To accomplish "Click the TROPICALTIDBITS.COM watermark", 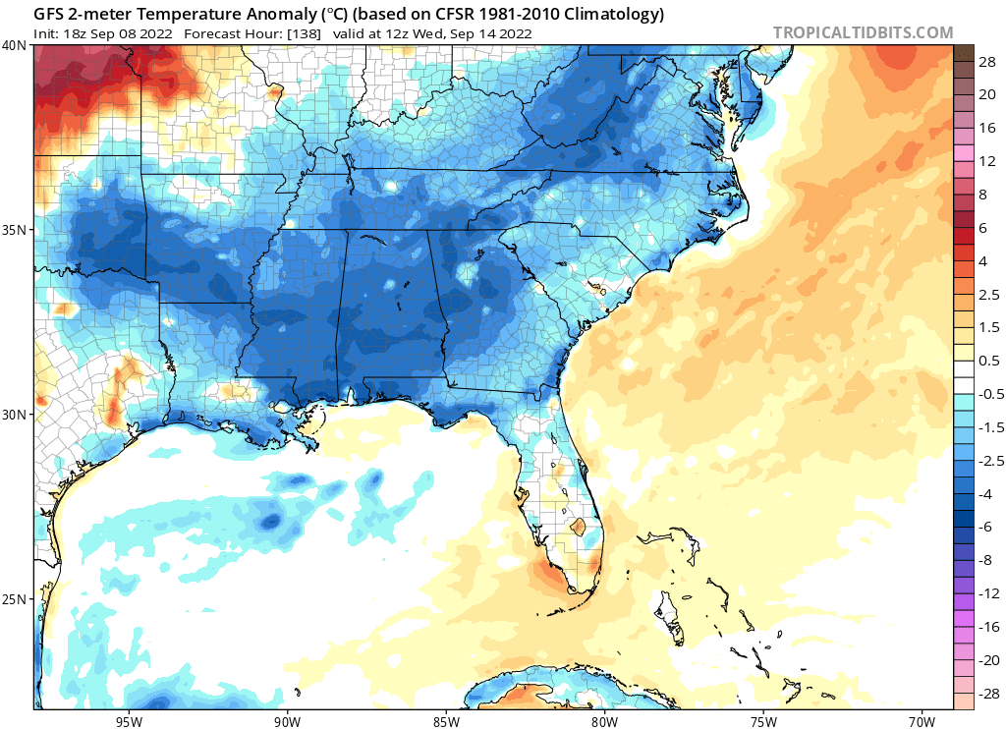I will pos(863,32).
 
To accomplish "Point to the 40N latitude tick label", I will pos(15,45).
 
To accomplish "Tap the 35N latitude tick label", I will pos(15,230).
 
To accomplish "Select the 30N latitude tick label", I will pos(15,415).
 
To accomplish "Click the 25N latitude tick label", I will pos(15,599).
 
